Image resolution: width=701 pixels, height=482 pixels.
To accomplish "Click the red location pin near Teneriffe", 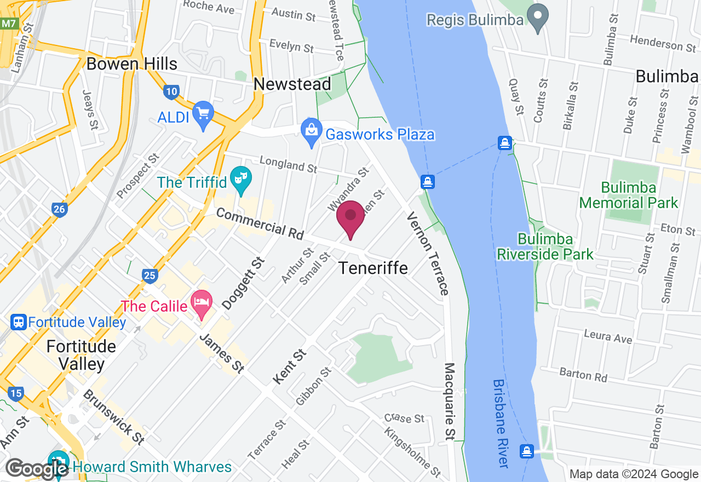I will pyautogui.click(x=350, y=216).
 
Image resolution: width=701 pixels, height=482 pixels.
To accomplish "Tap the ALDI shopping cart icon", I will pyautogui.click(x=203, y=113).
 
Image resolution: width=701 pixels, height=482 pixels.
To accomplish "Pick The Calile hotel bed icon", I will pyautogui.click(x=202, y=302).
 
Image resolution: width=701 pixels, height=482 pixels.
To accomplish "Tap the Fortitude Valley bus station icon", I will pyautogui.click(x=19, y=322).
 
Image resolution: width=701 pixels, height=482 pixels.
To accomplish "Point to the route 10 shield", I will pyautogui.click(x=171, y=91).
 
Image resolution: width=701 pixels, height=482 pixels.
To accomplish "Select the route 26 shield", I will pyautogui.click(x=60, y=209).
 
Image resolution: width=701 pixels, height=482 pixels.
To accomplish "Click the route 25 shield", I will pyautogui.click(x=149, y=275).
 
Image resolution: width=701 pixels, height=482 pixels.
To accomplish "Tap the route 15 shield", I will pyautogui.click(x=16, y=393).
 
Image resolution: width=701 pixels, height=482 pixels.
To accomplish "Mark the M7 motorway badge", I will pyautogui.click(x=9, y=24).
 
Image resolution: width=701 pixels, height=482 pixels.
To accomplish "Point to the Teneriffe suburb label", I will pyautogui.click(x=374, y=268).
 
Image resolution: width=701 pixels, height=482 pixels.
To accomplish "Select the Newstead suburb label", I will pyautogui.click(x=292, y=84).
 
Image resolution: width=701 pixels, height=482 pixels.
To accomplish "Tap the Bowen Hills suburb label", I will pyautogui.click(x=132, y=64).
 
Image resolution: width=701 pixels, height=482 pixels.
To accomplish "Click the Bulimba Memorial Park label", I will pyautogui.click(x=629, y=196).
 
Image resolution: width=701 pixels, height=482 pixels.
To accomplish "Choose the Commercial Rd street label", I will pyautogui.click(x=260, y=223).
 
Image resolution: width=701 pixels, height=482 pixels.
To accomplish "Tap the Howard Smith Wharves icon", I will pyautogui.click(x=57, y=461).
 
